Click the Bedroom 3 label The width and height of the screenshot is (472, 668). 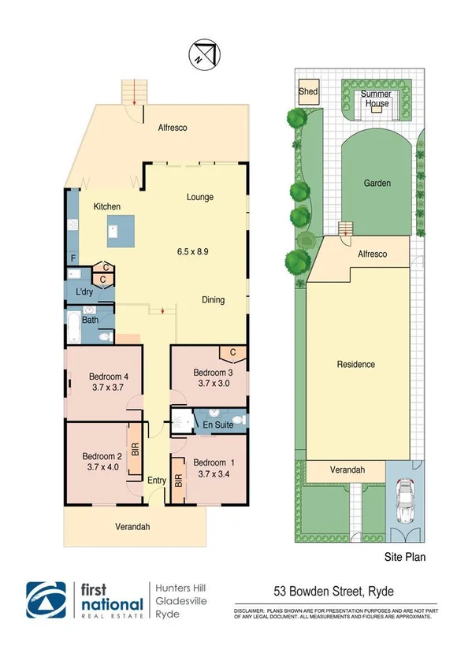pos(203,372)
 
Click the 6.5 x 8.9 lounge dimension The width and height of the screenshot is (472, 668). pos(193,252)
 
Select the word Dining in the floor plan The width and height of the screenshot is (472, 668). pos(213,299)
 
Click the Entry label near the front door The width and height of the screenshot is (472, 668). pos(156,480)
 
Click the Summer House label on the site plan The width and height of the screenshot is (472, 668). pos(376,99)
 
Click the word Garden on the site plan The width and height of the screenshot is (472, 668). pos(377,183)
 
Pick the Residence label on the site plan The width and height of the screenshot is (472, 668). pos(355,364)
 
